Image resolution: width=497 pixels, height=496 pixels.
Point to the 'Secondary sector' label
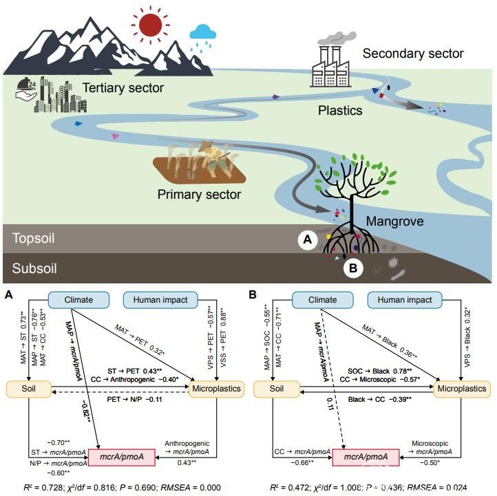(x=413, y=53)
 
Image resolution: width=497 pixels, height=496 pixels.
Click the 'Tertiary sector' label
(x=123, y=87)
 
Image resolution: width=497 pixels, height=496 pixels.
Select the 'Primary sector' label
(x=200, y=194)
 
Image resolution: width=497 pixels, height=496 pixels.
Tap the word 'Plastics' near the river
(x=340, y=109)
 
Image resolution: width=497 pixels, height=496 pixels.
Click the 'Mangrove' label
(x=394, y=222)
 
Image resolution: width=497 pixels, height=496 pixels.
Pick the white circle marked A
(x=308, y=239)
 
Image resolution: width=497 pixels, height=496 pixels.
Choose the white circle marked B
(x=353, y=268)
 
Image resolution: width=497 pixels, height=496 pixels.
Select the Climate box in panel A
(x=79, y=300)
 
